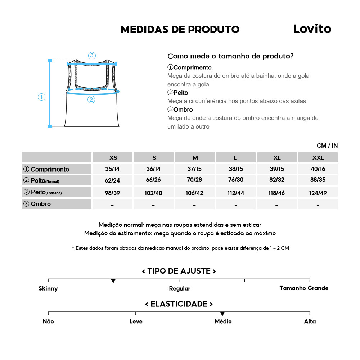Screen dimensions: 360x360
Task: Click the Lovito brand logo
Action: point(312,29)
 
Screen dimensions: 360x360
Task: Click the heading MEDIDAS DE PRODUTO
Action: point(180,30)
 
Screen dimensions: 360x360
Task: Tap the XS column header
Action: point(113,158)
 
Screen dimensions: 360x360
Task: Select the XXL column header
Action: point(318,158)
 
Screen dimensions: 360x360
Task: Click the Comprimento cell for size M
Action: point(195,169)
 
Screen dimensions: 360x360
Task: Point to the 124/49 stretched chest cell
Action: point(318,193)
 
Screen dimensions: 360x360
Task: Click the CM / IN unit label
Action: point(327,146)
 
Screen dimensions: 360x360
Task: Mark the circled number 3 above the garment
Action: point(92,55)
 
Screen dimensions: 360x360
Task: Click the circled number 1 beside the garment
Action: point(42,97)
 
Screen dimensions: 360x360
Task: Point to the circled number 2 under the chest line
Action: point(91,100)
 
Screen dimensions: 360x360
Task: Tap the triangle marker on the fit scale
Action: point(113,281)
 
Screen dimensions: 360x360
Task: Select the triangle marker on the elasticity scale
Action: point(222,314)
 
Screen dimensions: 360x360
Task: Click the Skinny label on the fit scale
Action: point(48,288)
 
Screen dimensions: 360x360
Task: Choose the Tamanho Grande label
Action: point(304,288)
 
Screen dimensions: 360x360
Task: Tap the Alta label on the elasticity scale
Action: point(310,321)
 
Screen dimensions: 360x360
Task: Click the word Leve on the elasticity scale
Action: point(136,321)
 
